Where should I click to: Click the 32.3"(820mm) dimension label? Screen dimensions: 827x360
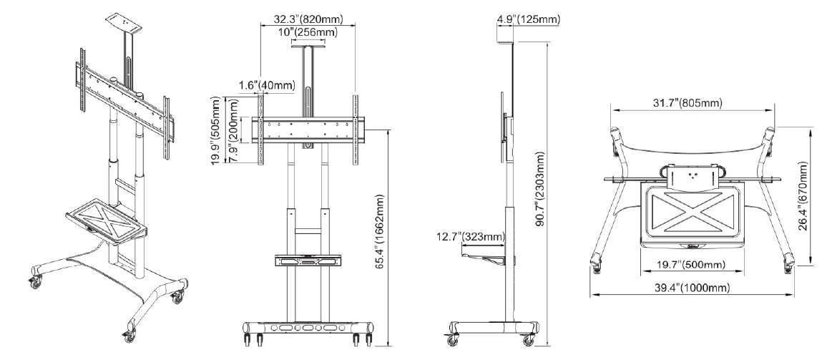click(x=308, y=19)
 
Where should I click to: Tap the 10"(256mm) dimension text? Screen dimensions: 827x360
click(x=308, y=33)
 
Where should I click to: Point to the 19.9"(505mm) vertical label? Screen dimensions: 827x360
click(x=216, y=130)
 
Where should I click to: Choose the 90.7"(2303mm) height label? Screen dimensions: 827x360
click(x=541, y=189)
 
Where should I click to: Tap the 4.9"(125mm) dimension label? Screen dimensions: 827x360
click(x=529, y=19)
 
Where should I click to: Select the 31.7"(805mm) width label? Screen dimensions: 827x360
click(x=687, y=103)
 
